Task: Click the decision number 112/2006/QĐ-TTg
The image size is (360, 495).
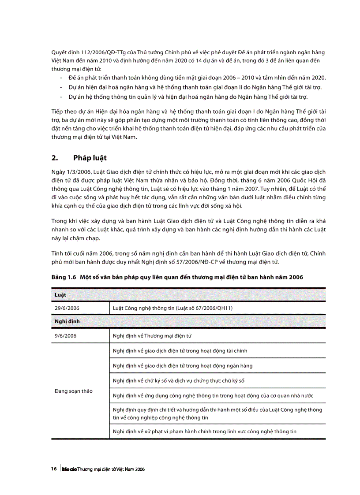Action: point(94,52)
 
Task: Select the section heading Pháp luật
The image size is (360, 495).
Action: point(90,158)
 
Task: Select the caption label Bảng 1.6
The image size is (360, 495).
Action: point(64,277)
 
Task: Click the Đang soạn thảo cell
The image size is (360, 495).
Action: point(74,391)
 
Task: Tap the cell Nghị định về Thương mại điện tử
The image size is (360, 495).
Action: point(152,336)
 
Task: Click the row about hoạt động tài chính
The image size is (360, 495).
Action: point(180,351)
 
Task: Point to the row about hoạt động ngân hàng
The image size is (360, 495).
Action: point(183,365)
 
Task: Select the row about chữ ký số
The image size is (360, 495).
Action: point(178,380)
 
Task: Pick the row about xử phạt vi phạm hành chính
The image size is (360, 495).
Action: point(204,432)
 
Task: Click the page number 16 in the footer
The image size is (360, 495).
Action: point(54,469)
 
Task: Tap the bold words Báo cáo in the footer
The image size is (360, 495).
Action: point(69,469)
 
